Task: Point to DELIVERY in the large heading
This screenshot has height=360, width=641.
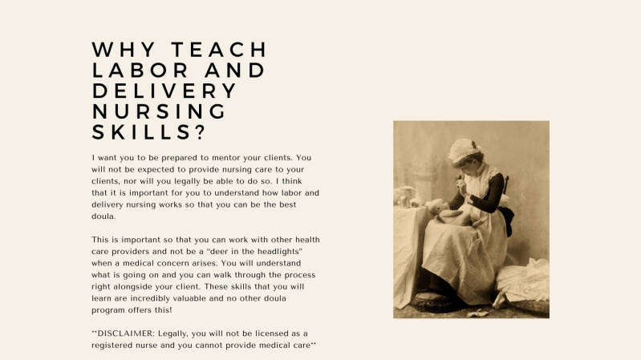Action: coord(164,91)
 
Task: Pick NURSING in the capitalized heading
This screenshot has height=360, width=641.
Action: coord(160,111)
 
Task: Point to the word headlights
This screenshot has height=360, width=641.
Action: coord(293,251)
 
